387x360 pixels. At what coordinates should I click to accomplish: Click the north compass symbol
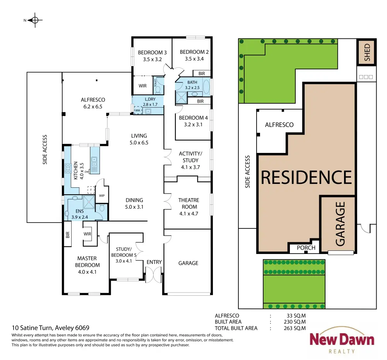pos(35,20)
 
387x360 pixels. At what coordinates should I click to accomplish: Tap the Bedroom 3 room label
pos(152,53)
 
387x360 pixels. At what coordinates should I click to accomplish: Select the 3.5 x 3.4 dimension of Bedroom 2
pos(194,59)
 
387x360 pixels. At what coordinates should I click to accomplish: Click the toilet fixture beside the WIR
pos(158,89)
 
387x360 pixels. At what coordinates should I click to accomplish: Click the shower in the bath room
pos(182,97)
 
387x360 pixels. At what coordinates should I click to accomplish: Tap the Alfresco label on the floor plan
pos(93,100)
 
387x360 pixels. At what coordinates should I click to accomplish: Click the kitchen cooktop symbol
pos(68,168)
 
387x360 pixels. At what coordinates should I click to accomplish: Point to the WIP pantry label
pos(102,195)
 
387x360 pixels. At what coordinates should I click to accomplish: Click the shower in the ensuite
pos(89,202)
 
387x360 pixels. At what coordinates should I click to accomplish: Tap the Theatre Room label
pos(189,203)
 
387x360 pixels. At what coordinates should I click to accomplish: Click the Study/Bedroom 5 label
pos(124,252)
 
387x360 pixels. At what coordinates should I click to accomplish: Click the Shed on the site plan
pos(367,52)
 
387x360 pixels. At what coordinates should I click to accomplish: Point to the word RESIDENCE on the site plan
pos(306,177)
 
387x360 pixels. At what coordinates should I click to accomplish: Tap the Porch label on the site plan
pos(306,248)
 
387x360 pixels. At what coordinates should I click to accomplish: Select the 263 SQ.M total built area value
pos(295,328)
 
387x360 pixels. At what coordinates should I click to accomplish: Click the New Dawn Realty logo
pos(342,341)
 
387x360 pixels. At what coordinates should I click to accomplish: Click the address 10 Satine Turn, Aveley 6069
pos(51,328)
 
